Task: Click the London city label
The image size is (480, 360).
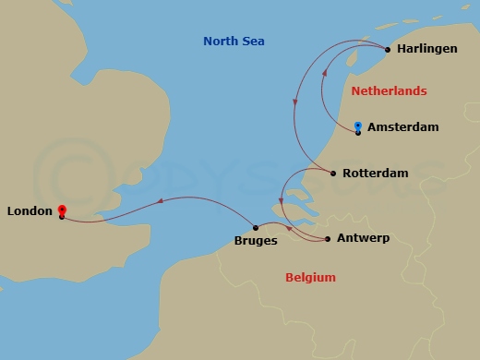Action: click(x=29, y=211)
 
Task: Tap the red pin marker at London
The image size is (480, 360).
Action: click(x=61, y=210)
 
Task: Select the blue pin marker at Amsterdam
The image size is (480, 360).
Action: click(x=357, y=126)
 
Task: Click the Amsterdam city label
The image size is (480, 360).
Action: click(x=402, y=127)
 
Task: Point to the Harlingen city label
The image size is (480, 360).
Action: click(x=426, y=49)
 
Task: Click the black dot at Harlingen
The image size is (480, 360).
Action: click(x=387, y=50)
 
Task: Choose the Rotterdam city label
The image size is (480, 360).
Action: click(x=375, y=173)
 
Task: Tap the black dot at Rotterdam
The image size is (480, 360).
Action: click(x=332, y=173)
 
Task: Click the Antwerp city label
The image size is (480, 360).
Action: click(x=364, y=238)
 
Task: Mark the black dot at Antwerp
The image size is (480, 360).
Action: click(x=329, y=239)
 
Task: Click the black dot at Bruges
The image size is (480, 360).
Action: click(x=255, y=228)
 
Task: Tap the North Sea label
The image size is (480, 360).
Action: click(x=234, y=40)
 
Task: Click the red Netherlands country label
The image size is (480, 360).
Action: click(x=390, y=90)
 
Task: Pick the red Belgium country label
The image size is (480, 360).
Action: click(x=310, y=277)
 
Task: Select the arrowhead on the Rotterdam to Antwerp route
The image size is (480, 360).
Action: click(x=287, y=227)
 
